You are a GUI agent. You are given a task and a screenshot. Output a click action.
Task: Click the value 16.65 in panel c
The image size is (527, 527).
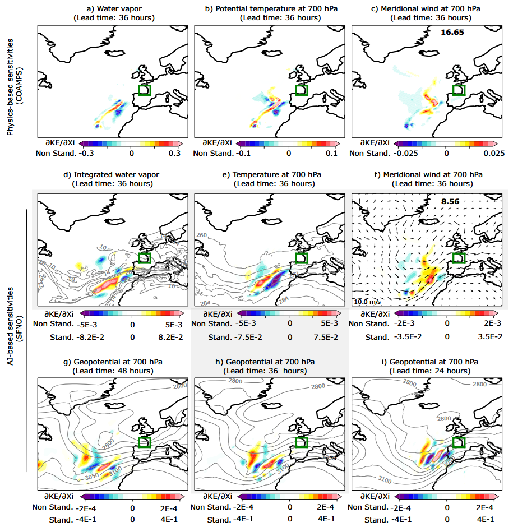point(452,33)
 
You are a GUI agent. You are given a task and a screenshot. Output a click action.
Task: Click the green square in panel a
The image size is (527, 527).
point(145,90)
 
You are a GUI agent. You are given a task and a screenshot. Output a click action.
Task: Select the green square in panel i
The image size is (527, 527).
point(459,443)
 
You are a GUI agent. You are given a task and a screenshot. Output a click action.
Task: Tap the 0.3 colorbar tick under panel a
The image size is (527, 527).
point(173,153)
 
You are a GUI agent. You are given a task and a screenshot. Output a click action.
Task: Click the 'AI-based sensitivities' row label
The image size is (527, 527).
point(11,336)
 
